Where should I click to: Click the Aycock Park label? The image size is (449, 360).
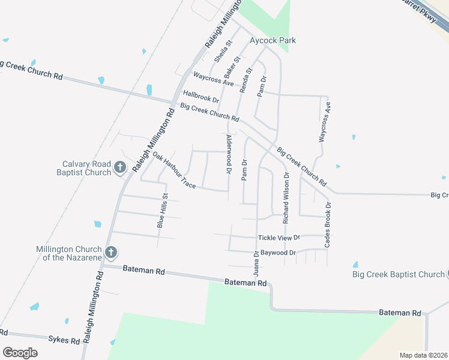(273, 41)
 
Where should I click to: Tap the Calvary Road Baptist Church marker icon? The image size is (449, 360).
(120, 167)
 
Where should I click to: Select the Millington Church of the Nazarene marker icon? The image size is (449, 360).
(110, 253)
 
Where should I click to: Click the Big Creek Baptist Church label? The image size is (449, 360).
(398, 274)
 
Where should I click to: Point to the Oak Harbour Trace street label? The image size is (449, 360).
(174, 171)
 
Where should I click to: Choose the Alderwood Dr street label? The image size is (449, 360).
(229, 154)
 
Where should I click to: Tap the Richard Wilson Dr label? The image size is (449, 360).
(286, 194)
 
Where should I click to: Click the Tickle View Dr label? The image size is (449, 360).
(279, 238)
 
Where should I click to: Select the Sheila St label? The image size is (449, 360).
(223, 51)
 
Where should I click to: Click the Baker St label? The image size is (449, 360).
(232, 67)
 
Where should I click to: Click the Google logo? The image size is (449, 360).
(20, 353)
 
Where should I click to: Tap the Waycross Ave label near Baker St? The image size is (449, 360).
(213, 79)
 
